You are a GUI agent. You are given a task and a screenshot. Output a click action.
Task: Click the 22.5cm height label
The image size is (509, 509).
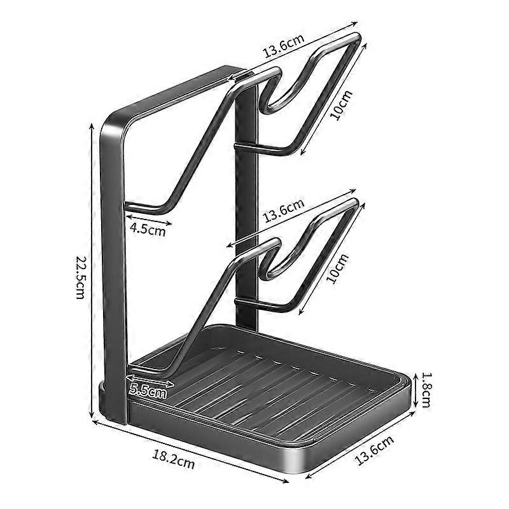point(80,277)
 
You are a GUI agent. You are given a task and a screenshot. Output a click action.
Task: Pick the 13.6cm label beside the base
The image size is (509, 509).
point(374,450)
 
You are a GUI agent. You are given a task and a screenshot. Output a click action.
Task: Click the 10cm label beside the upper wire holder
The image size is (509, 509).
point(341,106)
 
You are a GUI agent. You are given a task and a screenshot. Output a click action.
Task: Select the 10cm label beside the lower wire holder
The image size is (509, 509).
point(338,268)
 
